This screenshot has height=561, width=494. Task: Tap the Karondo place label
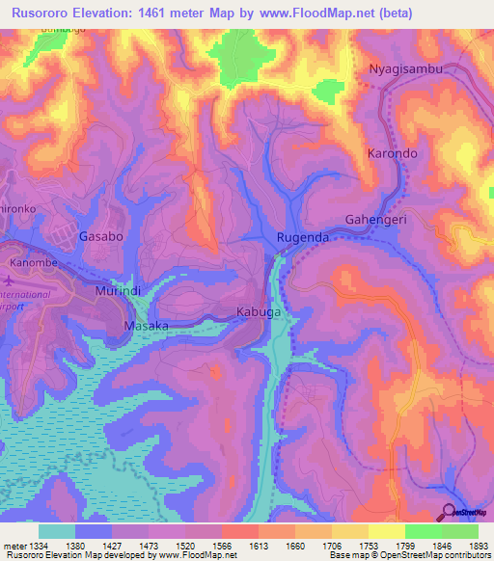(x=392, y=153)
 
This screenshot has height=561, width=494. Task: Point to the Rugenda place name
(x=303, y=237)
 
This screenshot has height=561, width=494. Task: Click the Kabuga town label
(x=259, y=312)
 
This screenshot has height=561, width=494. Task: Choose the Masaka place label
(x=147, y=327)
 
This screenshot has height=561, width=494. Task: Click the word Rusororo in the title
(x=40, y=13)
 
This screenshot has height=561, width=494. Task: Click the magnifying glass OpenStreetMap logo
(x=450, y=512)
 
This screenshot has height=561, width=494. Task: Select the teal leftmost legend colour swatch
(x=56, y=531)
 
